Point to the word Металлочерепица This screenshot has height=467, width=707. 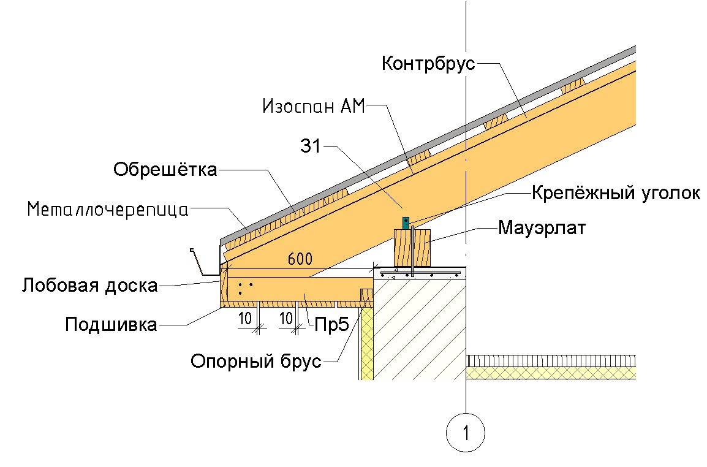point(108,210)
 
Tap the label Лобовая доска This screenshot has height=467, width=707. point(89,285)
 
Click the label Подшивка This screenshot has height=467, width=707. point(111,324)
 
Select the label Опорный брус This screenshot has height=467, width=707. point(256,361)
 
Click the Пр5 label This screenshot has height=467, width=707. point(331,324)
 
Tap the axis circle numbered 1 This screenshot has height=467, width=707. point(466,433)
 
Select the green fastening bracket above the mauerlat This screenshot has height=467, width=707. point(405,222)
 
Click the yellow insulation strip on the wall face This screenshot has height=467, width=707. point(366,343)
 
